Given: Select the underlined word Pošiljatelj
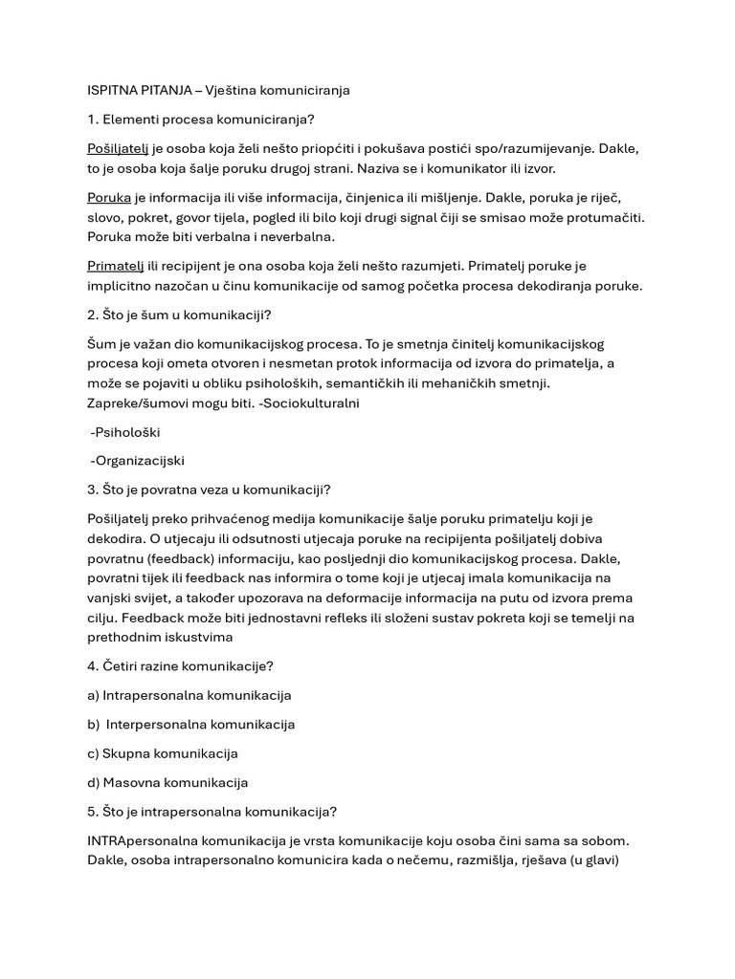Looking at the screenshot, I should pyautogui.click(x=117, y=150).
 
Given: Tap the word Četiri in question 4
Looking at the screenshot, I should pyautogui.click(x=122, y=666).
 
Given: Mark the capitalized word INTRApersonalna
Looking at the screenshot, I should pyautogui.click(x=140, y=841).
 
